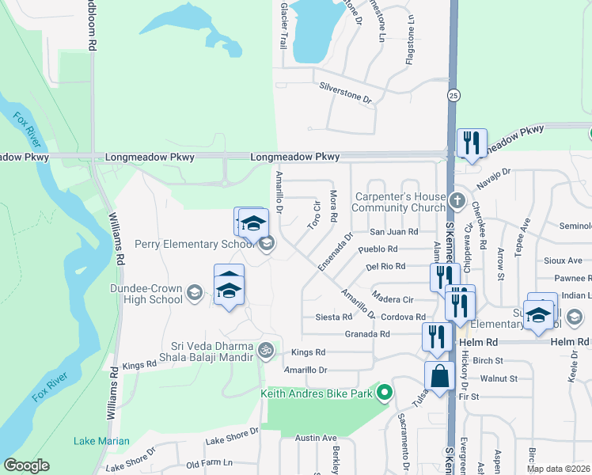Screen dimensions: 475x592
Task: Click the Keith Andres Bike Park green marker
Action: click(x=385, y=393)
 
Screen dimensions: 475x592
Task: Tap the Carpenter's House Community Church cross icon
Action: click(x=457, y=199)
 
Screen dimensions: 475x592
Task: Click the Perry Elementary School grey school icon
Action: click(x=268, y=243)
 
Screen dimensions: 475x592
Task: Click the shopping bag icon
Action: click(x=438, y=377)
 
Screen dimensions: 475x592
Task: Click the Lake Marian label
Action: click(x=96, y=441)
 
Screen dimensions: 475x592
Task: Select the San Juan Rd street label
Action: click(x=393, y=232)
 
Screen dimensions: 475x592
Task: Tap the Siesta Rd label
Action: click(x=333, y=317)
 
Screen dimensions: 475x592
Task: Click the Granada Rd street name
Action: click(x=367, y=334)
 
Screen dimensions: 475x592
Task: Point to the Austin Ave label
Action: click(x=316, y=438)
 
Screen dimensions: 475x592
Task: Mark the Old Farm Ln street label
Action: click(x=209, y=463)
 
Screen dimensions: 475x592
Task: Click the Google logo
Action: click(x=26, y=465)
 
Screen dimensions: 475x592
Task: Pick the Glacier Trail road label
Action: click(x=282, y=23)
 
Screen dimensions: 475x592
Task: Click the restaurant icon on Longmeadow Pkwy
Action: click(x=472, y=142)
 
